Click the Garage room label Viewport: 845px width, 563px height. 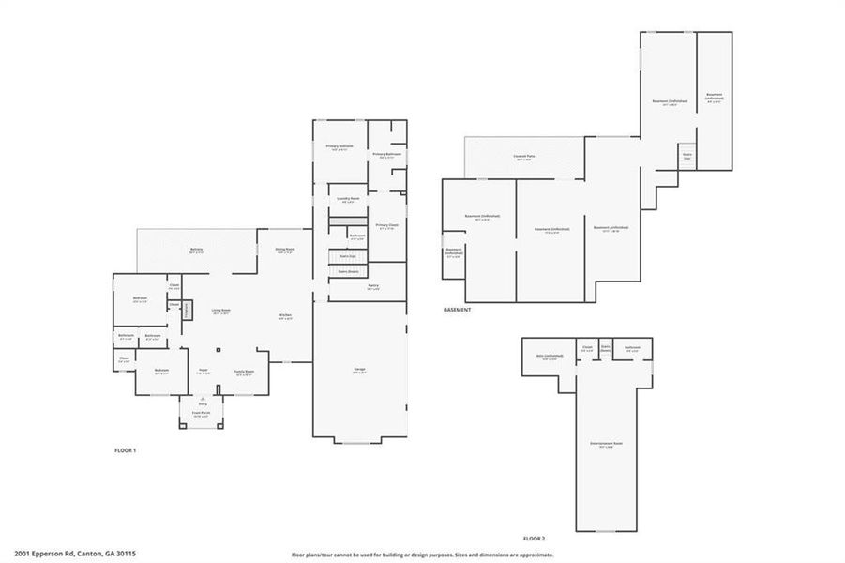[359, 371]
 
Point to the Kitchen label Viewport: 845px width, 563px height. [286, 316]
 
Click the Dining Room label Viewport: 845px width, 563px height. [284, 251]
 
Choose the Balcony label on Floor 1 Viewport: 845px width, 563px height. [197, 251]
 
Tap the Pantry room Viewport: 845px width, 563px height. [372, 287]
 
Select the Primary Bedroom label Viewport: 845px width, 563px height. [340, 147]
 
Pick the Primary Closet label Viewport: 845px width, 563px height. [387, 226]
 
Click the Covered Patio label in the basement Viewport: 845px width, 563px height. [523, 158]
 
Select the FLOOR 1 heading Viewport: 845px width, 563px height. [125, 450]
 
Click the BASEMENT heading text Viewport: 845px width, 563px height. [457, 310]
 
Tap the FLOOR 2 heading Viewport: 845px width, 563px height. [534, 539]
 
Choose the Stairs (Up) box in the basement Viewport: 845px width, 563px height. [687, 157]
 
